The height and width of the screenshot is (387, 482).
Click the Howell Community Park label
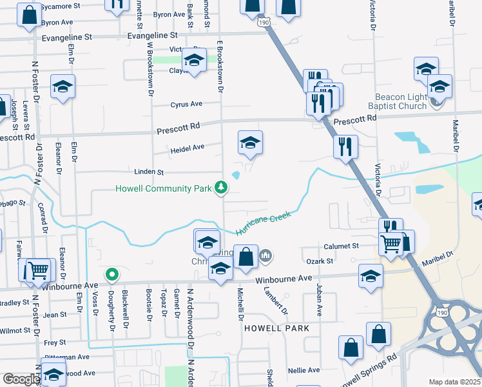click(x=164, y=189)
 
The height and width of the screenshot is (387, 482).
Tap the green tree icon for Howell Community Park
click(x=221, y=188)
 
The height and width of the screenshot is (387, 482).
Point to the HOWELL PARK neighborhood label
click(x=276, y=328)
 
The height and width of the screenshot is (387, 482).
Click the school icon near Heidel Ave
click(x=250, y=143)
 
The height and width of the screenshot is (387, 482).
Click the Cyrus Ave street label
click(x=186, y=104)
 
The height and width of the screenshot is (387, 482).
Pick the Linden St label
click(x=149, y=173)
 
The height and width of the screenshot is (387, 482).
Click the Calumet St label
click(x=341, y=246)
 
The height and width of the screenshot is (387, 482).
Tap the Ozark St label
click(x=320, y=261)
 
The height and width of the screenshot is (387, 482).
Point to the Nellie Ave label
click(x=304, y=370)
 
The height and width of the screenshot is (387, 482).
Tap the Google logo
click(x=21, y=379)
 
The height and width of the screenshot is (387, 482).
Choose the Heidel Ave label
click(x=187, y=148)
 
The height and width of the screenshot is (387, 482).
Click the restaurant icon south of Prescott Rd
click(x=345, y=146)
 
